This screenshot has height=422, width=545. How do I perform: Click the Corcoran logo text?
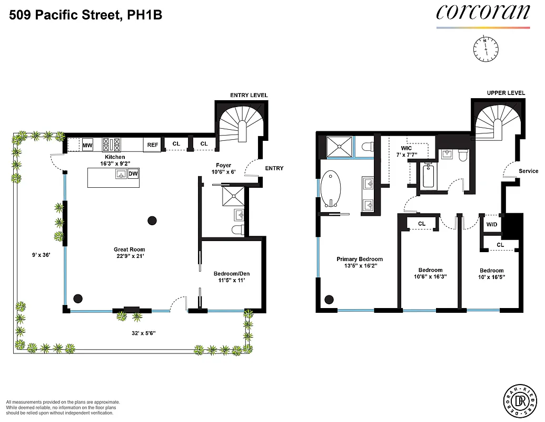pos(482,13)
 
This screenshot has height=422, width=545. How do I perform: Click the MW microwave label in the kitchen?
pos(87,145)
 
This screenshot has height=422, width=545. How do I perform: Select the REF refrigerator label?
pos(153,145)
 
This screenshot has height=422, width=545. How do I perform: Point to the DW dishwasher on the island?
pos(133,174)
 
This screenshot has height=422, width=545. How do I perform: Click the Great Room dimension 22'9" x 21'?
pos(129,256)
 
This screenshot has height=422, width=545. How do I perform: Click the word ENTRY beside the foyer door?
pos(274,168)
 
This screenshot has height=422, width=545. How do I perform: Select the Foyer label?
pos(224,165)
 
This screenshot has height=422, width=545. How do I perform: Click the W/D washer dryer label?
pos(492,224)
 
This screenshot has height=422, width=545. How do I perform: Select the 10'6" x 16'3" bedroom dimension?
pos(430,276)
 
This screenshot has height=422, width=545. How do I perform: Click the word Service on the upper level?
pos(528,171)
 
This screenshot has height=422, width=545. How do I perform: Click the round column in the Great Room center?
pos(153,220)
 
